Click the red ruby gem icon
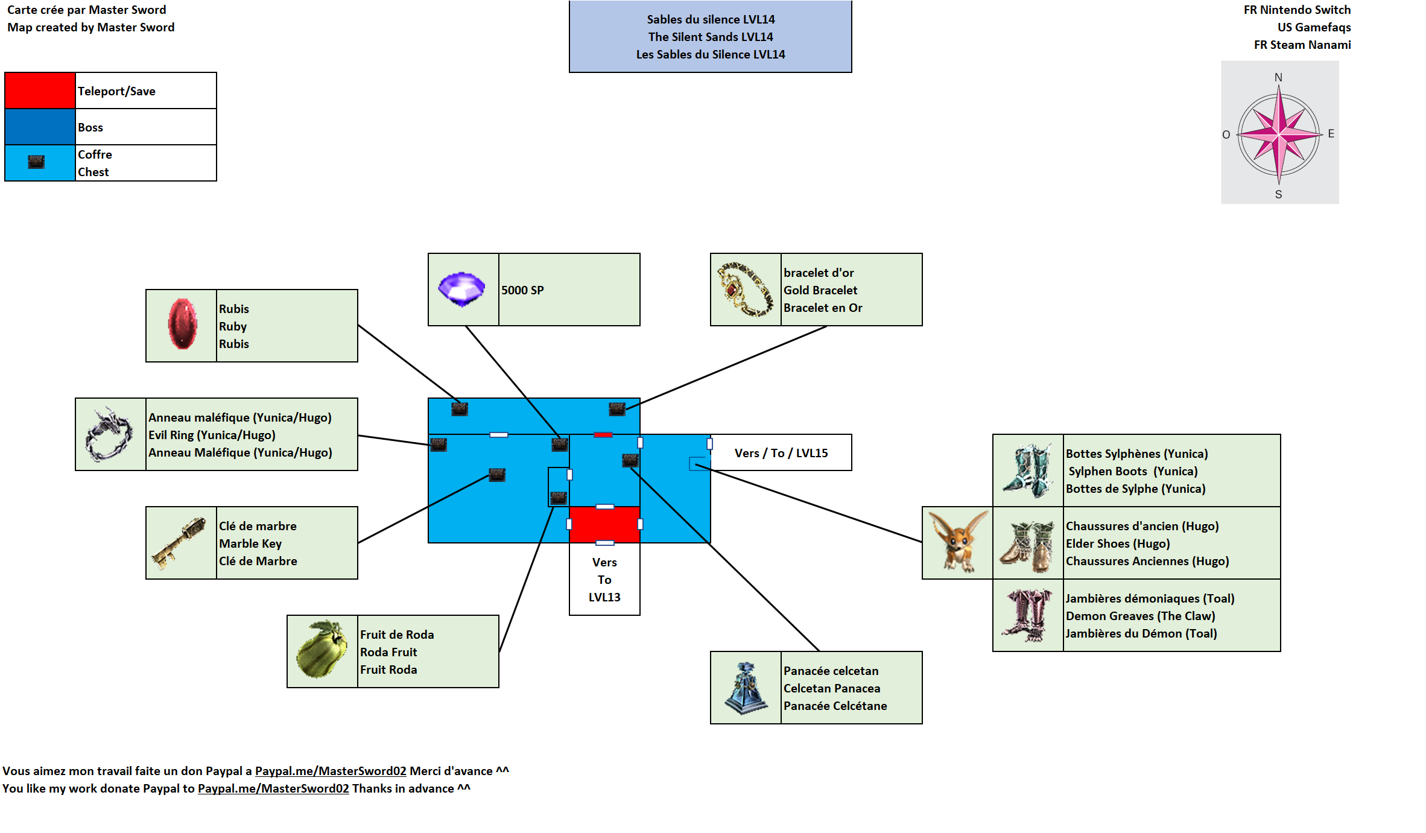[182, 325]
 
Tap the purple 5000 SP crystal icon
[461, 289]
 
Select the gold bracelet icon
[746, 290]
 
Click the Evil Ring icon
[109, 434]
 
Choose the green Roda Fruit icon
[322, 650]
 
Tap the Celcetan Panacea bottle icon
[746, 688]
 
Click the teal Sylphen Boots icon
[1027, 470]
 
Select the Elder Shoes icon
[1027, 545]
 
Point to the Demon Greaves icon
[1027, 615]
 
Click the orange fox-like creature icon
[957, 542]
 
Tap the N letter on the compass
[1278, 77]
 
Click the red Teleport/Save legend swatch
[40, 90]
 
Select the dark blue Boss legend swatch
[40, 127]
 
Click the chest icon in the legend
[36, 162]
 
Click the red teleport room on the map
[604, 524]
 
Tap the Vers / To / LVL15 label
[781, 453]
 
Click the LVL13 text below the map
[604, 597]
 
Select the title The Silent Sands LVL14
[711, 37]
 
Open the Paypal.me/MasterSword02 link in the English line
[273, 788]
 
